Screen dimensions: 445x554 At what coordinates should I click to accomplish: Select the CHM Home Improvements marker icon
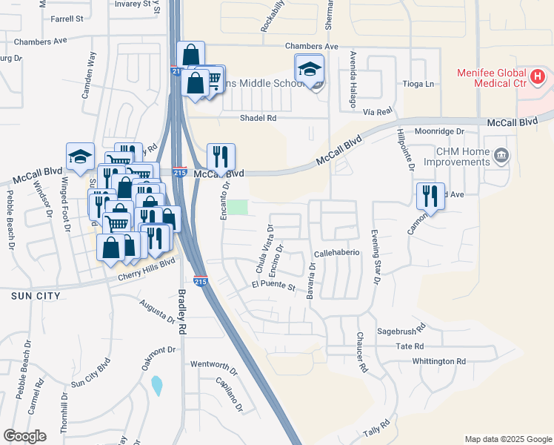click(501, 155)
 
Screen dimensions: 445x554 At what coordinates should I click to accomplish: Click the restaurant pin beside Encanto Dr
click(221, 156)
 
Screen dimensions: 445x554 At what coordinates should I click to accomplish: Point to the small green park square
click(237, 208)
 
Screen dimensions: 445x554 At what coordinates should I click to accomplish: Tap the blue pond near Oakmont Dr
click(156, 385)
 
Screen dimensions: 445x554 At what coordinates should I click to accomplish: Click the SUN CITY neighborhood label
click(30, 295)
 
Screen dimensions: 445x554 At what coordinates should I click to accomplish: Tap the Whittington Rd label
click(440, 361)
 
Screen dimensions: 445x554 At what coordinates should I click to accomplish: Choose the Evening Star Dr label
click(375, 257)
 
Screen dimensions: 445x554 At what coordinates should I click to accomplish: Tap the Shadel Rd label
click(258, 118)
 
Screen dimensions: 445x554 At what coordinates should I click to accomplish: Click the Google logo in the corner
click(24, 436)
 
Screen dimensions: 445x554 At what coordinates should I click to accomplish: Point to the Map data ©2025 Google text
click(507, 439)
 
